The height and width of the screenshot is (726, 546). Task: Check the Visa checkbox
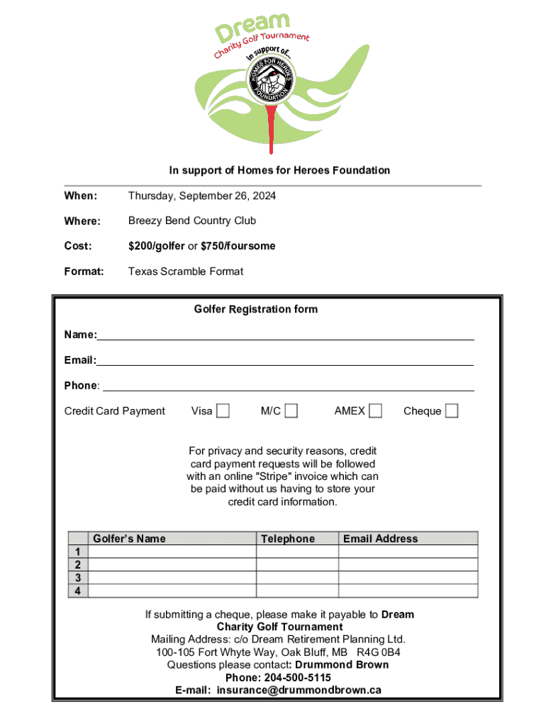(223, 411)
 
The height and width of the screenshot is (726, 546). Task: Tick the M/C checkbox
(291, 411)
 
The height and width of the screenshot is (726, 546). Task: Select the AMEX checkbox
(375, 411)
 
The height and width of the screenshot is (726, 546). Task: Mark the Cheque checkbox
(452, 411)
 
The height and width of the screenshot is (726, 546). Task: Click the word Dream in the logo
(252, 26)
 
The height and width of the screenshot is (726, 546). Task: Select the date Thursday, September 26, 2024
(202, 196)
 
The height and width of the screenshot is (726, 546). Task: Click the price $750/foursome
(238, 246)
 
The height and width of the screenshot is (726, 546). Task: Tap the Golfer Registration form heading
(256, 309)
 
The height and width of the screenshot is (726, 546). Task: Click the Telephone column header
(288, 539)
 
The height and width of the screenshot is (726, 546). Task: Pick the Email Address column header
(381, 539)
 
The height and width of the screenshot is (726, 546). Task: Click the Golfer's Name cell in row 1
(172, 552)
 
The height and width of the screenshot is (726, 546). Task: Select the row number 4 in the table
(78, 591)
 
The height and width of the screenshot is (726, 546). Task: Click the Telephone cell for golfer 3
(296, 578)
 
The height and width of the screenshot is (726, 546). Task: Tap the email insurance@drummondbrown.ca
(299, 690)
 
